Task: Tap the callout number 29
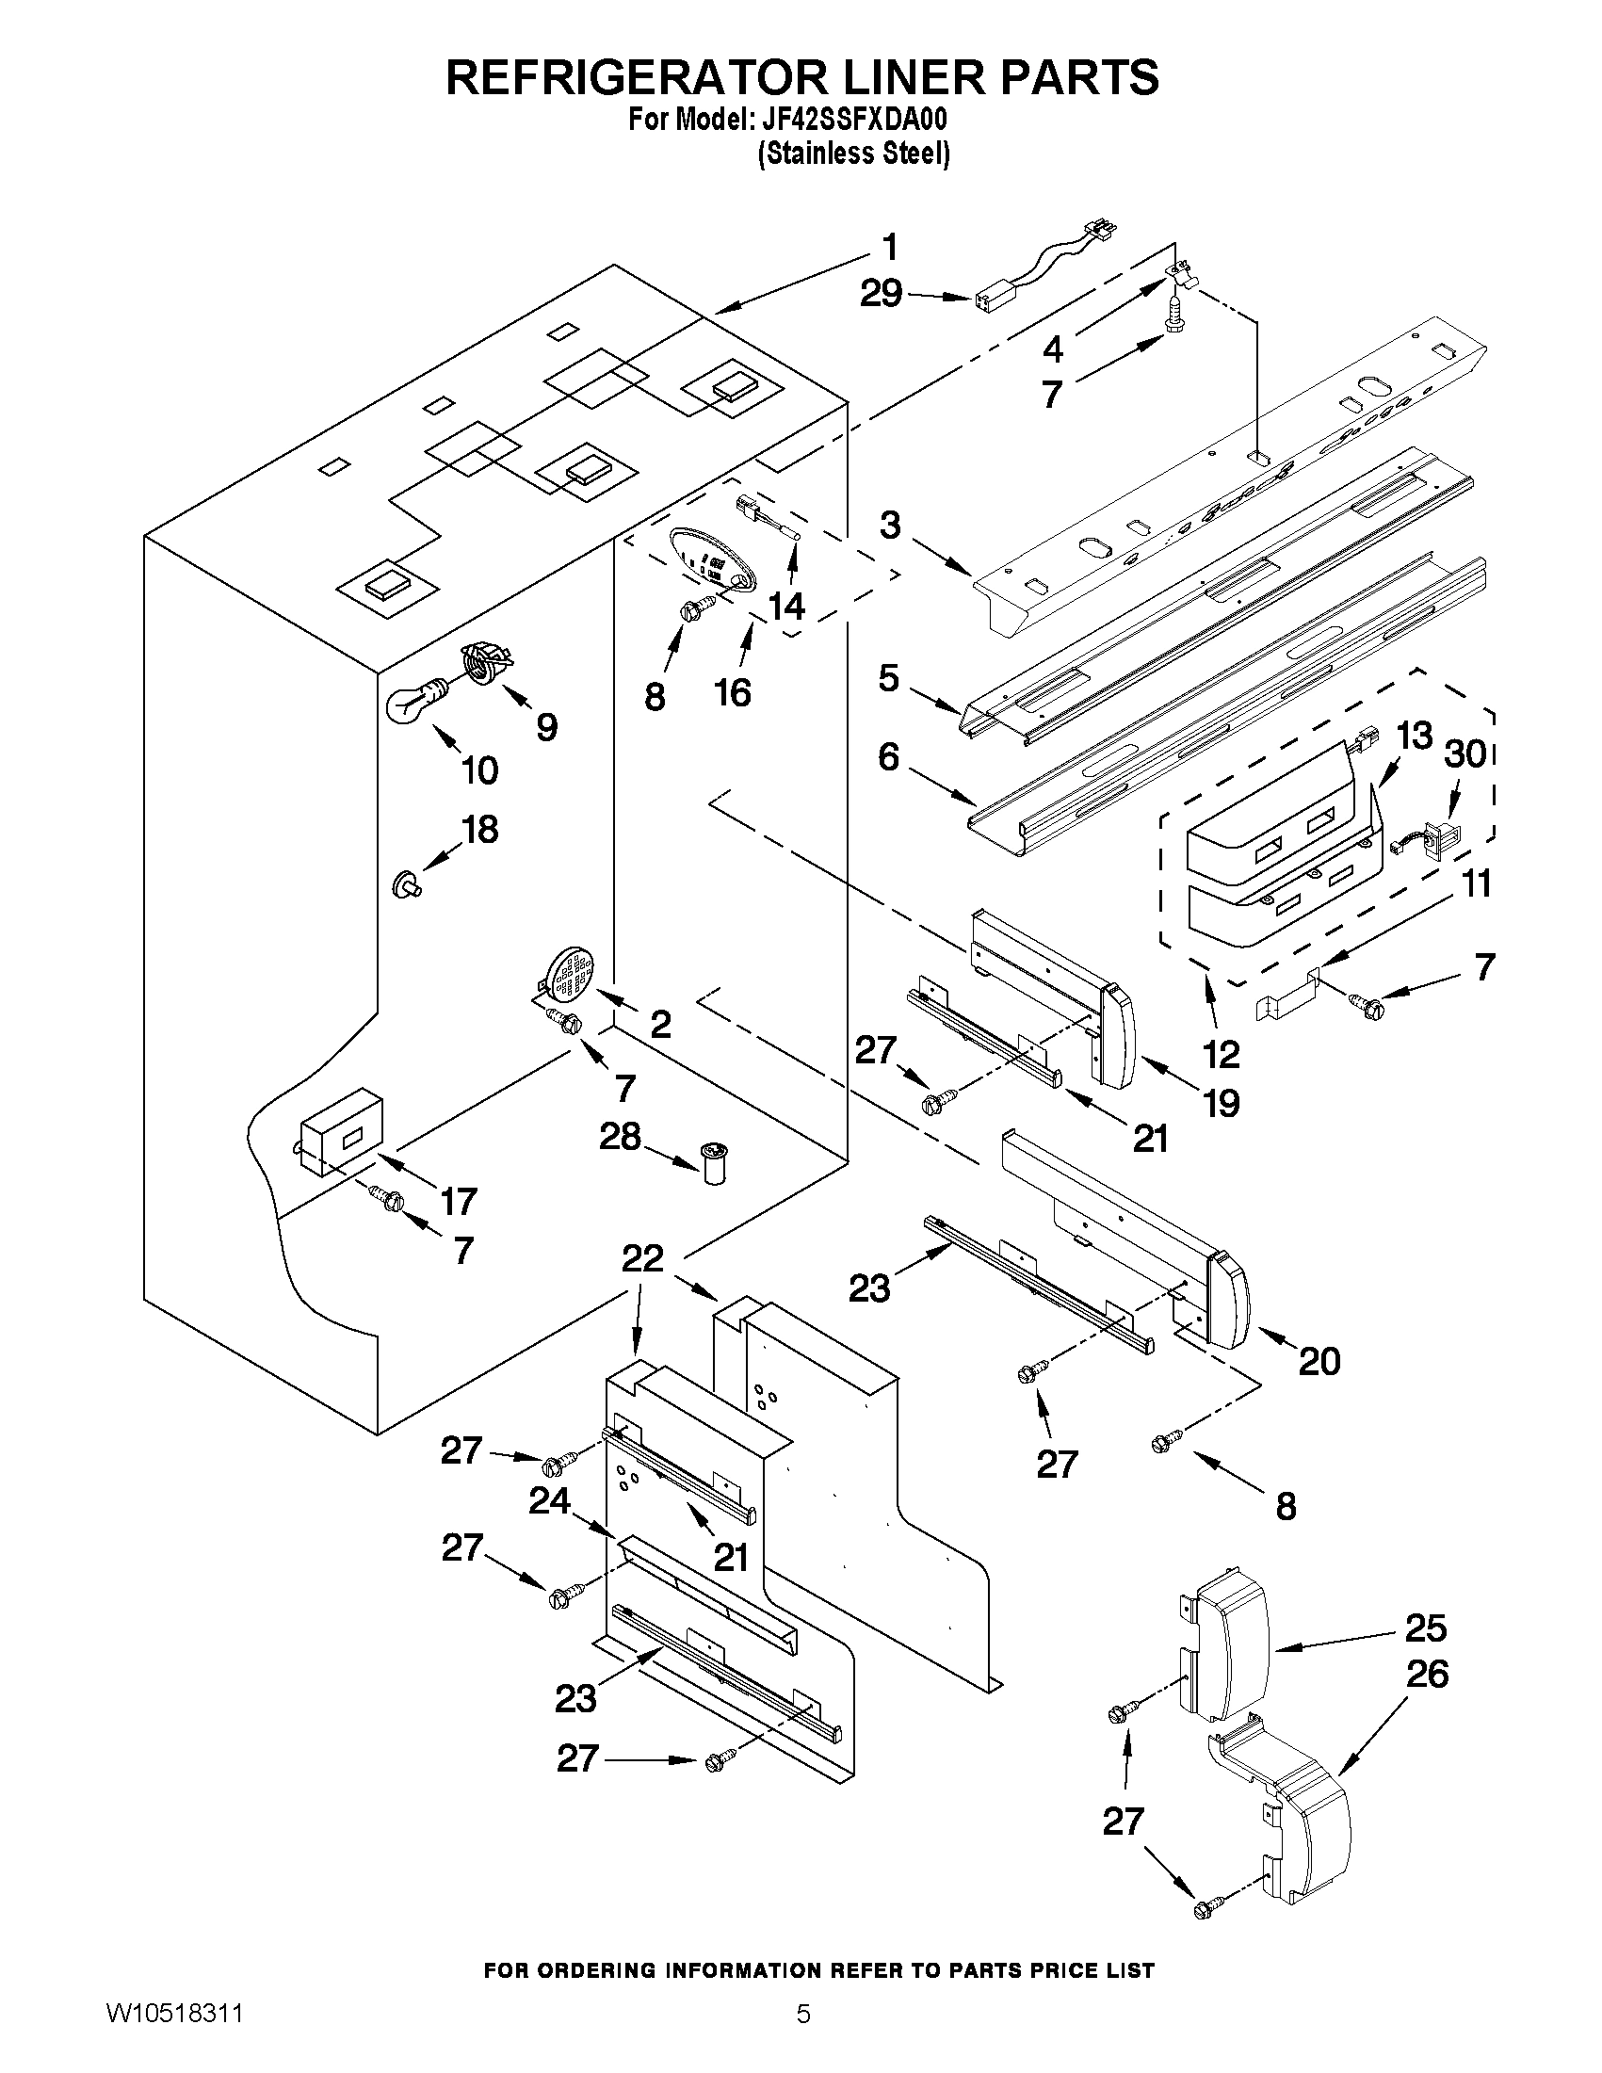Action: (x=881, y=293)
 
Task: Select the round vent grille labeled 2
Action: (x=571, y=974)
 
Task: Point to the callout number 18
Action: (x=480, y=830)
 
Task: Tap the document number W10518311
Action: (x=173, y=2034)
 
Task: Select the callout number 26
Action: (x=1427, y=1674)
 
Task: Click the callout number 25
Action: (x=1426, y=1627)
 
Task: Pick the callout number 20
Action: (x=1319, y=1362)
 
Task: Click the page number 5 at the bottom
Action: (x=803, y=2034)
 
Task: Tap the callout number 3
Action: (x=889, y=525)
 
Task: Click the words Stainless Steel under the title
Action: (x=854, y=154)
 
